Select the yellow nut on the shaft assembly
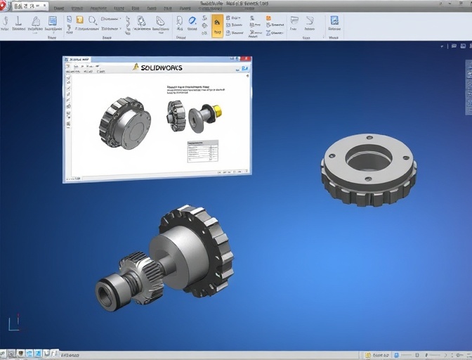tap(217, 111)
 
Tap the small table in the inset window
tap(202, 150)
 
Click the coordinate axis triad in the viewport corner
tap(13, 323)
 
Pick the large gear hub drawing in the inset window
tap(124, 123)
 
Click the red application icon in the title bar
tap(4, 5)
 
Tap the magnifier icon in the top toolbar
tap(93, 21)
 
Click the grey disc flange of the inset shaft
tap(196, 119)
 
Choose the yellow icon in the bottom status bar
tap(368, 355)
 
